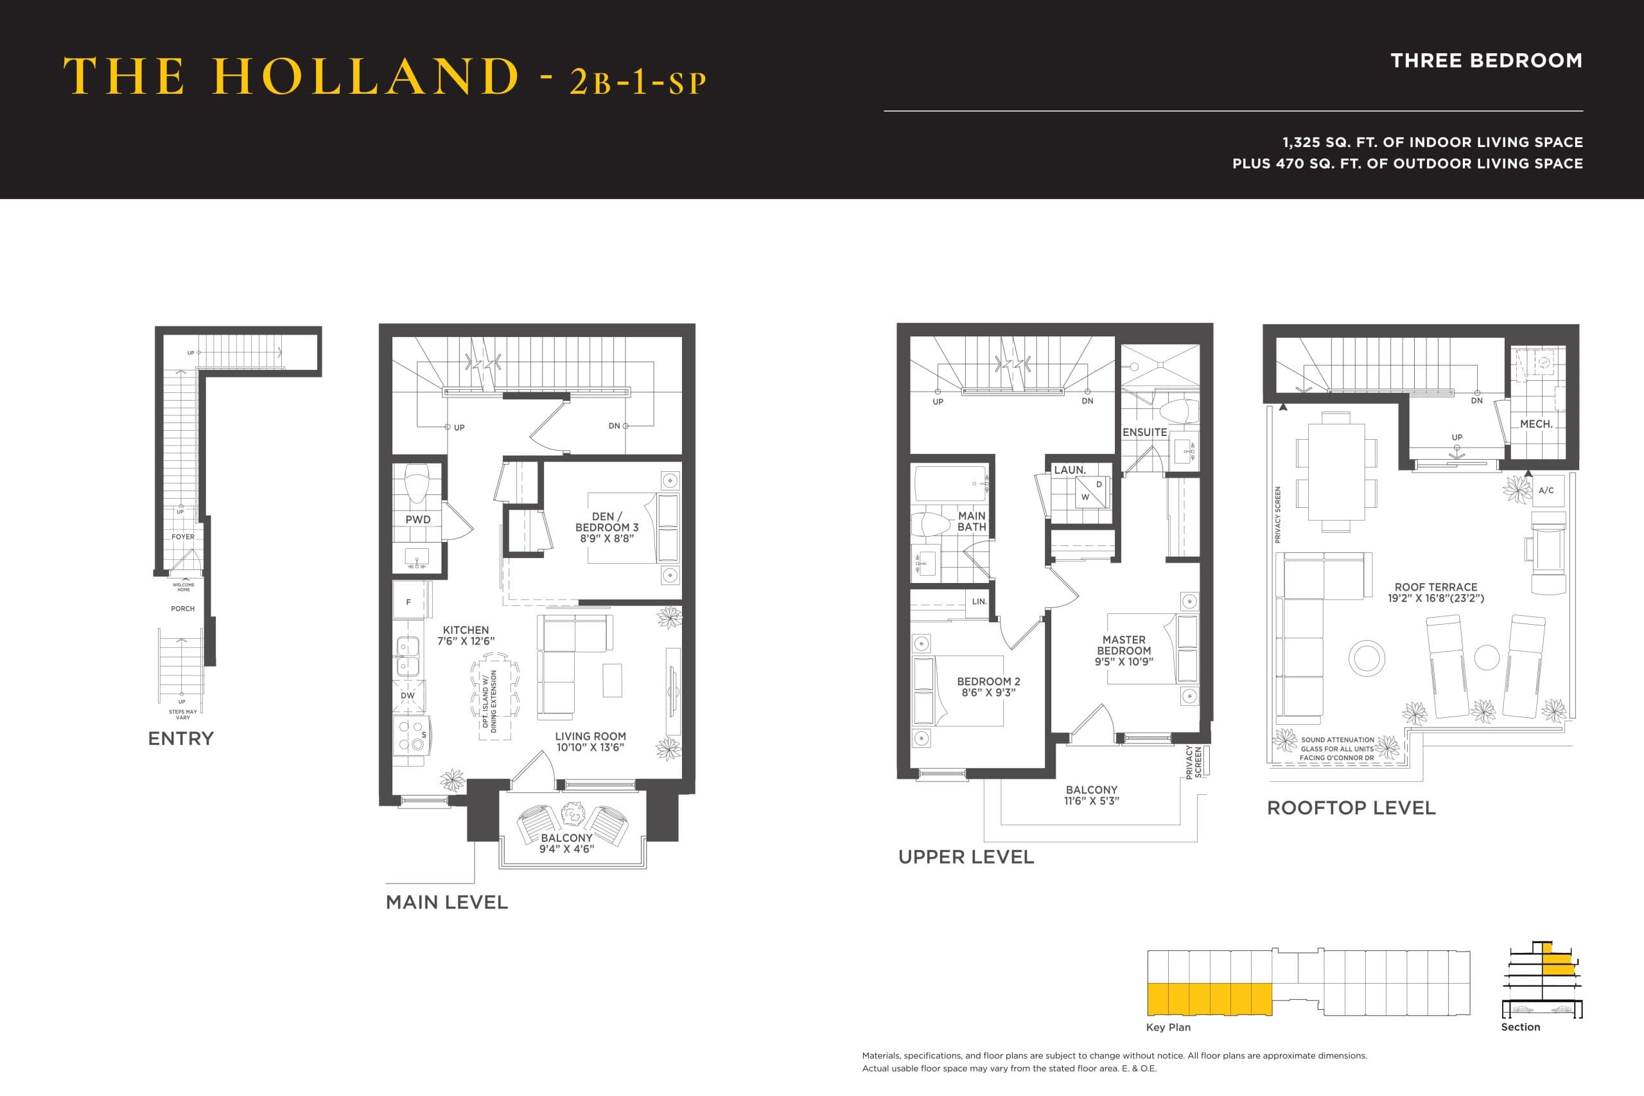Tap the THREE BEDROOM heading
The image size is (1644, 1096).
[x=1486, y=61]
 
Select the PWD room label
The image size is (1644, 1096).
[x=418, y=519]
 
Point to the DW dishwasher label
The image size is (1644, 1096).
[x=408, y=695]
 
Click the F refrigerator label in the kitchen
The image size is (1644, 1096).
[x=408, y=602]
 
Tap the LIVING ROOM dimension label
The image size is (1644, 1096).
[x=591, y=742]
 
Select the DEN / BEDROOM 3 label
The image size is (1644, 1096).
[x=607, y=527]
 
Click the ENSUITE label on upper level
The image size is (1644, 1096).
[x=1144, y=433]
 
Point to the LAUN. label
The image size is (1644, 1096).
[x=1069, y=471]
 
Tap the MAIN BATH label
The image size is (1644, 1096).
[x=972, y=521]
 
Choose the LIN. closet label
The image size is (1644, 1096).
[x=979, y=601]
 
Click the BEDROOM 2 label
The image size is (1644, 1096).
[x=988, y=686]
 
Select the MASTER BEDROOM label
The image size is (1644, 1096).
[x=1124, y=650]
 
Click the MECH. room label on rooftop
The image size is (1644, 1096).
[x=1535, y=424]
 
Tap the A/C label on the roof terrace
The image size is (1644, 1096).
[x=1546, y=491]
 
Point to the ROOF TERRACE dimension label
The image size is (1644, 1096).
[x=1436, y=593]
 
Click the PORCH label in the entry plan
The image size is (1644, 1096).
[x=183, y=609]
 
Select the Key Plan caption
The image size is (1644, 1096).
[x=1168, y=1027]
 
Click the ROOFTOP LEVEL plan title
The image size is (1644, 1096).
[x=1351, y=808]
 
